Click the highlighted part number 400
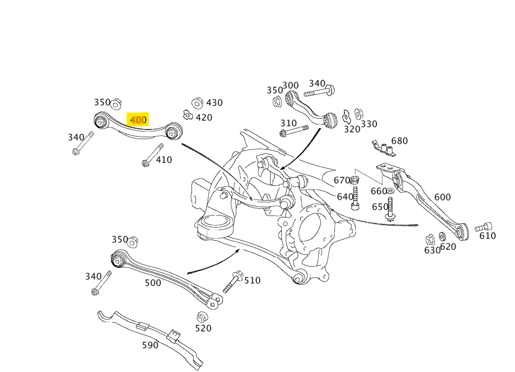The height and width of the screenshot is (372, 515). click(138, 120)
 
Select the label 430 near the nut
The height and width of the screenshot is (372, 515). click(214, 102)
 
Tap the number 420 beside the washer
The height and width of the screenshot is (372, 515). click(204, 117)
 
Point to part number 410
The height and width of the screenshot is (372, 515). click(164, 160)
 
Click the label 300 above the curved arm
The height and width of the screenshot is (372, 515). click(291, 86)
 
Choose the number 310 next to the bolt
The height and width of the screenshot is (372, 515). click(289, 123)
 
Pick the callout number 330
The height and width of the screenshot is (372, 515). click(369, 124)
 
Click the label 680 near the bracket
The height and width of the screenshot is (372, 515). click(399, 141)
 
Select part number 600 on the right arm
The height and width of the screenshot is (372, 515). click(442, 197)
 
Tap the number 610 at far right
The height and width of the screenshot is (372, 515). click(487, 235)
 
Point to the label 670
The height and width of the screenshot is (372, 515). click(342, 180)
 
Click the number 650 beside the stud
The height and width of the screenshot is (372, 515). click(380, 207)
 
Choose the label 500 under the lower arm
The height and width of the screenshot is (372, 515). click(153, 282)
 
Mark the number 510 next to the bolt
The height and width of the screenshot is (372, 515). click(252, 280)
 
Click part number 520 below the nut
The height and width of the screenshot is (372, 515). click(203, 328)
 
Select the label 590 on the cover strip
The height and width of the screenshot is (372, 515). click(150, 345)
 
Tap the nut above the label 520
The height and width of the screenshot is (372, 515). click(202, 316)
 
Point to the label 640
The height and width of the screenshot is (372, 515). click(345, 196)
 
